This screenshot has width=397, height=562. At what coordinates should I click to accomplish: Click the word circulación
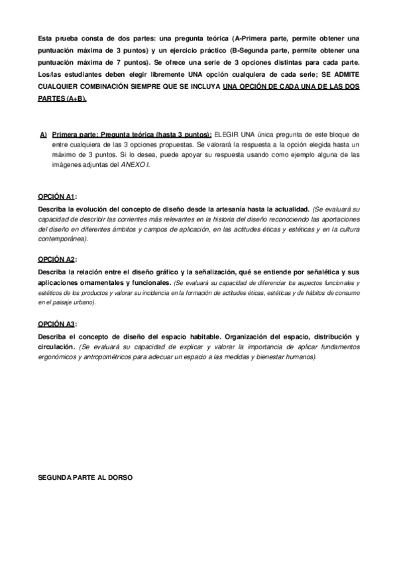(x=57, y=347)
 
